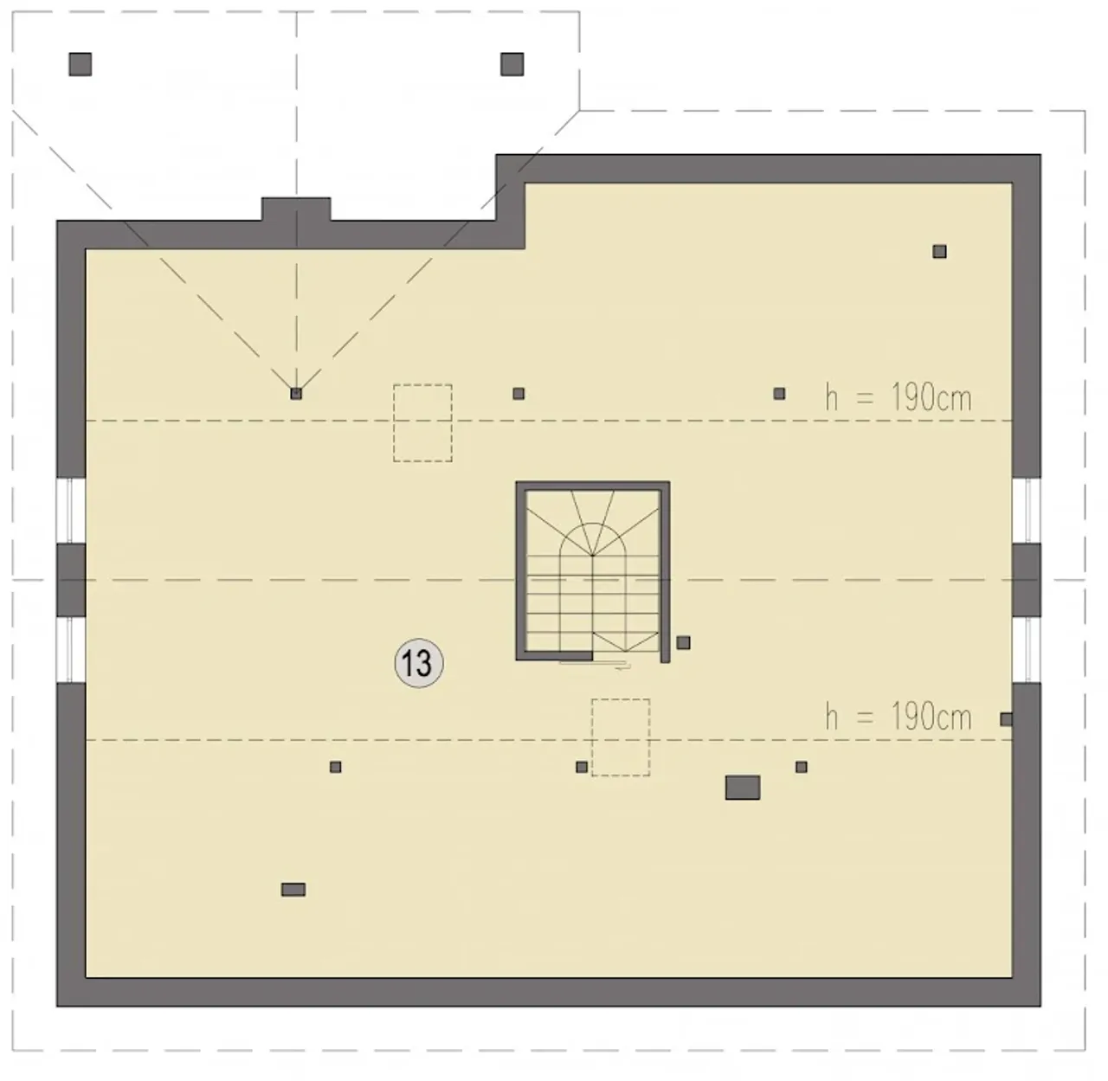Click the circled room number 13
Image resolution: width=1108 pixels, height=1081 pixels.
418,663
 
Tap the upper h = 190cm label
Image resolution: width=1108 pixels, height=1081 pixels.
899,397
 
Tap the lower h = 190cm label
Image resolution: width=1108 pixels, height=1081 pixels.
899,717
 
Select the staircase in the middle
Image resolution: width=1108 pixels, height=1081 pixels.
593,571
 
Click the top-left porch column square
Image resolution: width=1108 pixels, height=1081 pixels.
81,64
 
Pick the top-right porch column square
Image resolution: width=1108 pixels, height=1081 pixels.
512,64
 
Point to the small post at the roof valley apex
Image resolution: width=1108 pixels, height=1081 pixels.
296,393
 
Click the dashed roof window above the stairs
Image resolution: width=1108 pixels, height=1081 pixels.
422,423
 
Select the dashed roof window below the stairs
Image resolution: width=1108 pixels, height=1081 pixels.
621,737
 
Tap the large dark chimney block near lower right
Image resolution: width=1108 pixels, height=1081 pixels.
743,788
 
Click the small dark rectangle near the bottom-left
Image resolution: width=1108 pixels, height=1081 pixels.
293,889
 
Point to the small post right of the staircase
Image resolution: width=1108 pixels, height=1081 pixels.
683,643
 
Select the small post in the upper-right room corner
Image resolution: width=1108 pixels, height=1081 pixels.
939,251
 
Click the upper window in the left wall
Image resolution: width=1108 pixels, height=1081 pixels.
71,511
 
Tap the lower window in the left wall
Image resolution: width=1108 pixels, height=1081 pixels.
71,649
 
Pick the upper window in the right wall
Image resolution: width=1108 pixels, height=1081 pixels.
1027,511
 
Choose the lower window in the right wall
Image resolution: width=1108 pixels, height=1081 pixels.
1027,649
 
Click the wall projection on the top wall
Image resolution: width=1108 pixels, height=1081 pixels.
296,209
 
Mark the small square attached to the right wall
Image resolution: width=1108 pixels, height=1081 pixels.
1006,719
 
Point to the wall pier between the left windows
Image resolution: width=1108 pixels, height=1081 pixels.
71,580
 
